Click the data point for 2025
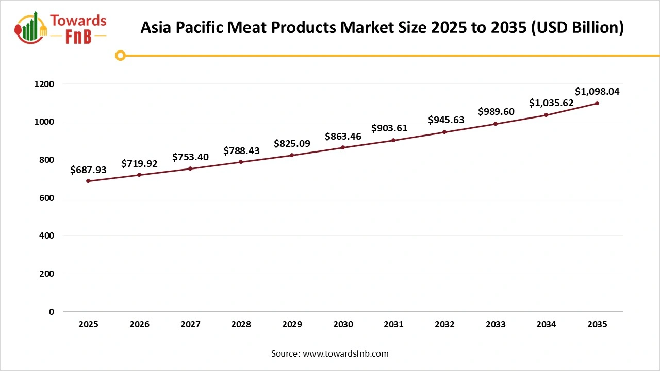tap(88, 181)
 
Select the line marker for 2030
tap(343, 147)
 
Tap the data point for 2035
tap(597, 103)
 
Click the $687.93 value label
tap(89, 170)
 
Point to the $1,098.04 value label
tap(597, 92)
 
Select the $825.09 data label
tap(292, 143)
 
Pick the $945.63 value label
tap(446, 120)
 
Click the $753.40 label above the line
tap(190, 157)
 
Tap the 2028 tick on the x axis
tap(241, 325)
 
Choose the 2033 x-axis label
tap(496, 325)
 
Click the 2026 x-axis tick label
tap(139, 325)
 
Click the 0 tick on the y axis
tap(51, 312)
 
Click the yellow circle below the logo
tap(120, 55)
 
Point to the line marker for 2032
tap(444, 132)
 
